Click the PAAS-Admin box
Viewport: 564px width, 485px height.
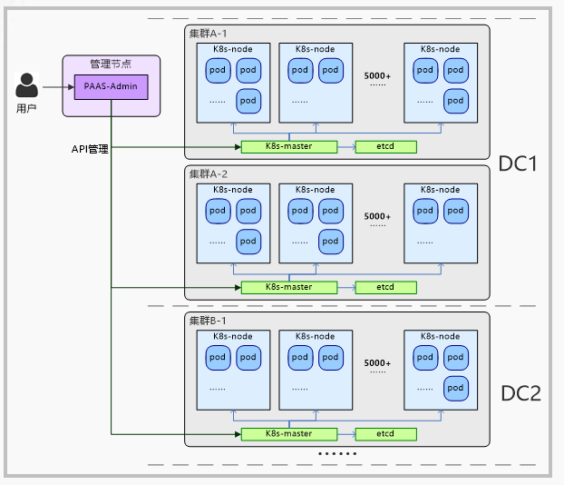point(112,87)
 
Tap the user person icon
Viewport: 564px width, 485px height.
point(27,85)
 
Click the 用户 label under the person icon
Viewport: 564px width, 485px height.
point(27,108)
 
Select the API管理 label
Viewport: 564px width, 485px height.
point(90,148)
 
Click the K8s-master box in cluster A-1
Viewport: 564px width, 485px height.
point(288,146)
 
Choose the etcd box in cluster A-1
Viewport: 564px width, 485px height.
point(385,146)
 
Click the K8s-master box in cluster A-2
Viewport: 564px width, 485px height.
point(288,287)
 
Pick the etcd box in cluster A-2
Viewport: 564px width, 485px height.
point(385,287)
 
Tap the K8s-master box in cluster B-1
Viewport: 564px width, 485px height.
point(288,433)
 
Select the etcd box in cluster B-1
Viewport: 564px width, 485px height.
point(385,433)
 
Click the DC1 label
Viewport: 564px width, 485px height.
point(519,164)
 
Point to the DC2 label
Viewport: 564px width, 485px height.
point(520,393)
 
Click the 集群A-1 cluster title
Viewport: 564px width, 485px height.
point(209,33)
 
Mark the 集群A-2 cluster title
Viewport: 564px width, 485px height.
point(209,173)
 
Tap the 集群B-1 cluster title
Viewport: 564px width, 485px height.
point(209,321)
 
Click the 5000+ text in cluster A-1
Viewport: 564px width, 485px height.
point(377,75)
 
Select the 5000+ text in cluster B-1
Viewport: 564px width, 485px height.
point(377,363)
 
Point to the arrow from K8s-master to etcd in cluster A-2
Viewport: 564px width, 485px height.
point(345,287)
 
